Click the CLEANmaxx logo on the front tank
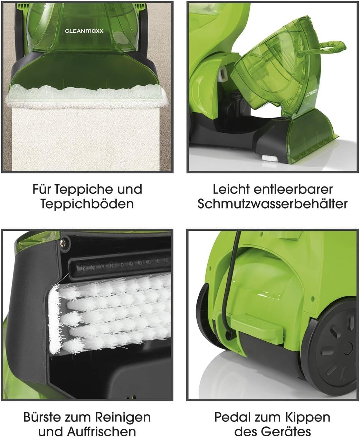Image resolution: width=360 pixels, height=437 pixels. tap(84, 31)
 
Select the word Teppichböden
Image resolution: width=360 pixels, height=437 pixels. tap(87, 204)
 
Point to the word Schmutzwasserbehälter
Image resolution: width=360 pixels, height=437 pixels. tap(273, 204)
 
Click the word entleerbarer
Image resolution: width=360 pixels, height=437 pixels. tap(293, 189)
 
